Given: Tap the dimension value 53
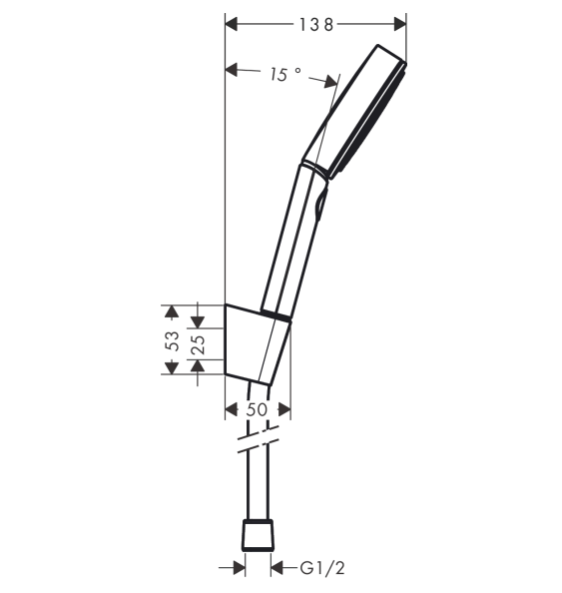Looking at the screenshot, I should tap(172, 340).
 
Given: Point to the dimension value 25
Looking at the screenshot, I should tap(198, 345).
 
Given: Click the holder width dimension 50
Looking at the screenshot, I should tap(258, 409).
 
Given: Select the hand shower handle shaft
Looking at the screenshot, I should tap(294, 240).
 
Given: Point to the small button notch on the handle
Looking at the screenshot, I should tap(319, 206).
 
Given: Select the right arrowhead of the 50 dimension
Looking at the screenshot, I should tap(284, 409).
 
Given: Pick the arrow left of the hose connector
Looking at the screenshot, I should tap(238, 568).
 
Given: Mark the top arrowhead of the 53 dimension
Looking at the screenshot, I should tap(172, 310).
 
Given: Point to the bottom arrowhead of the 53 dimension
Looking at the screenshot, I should tap(172, 368).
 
